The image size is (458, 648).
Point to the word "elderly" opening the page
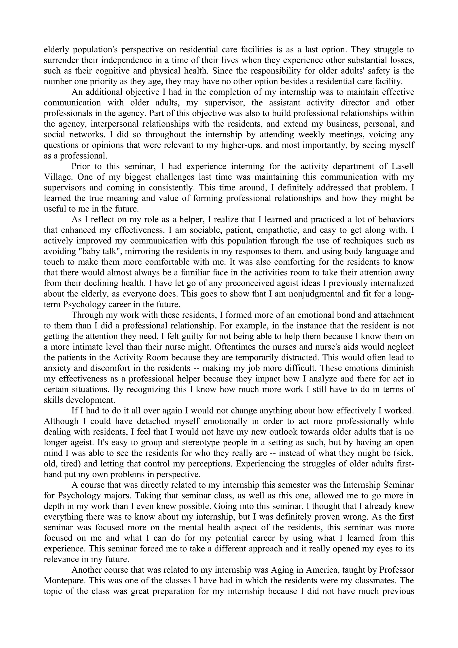click(57, 50)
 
